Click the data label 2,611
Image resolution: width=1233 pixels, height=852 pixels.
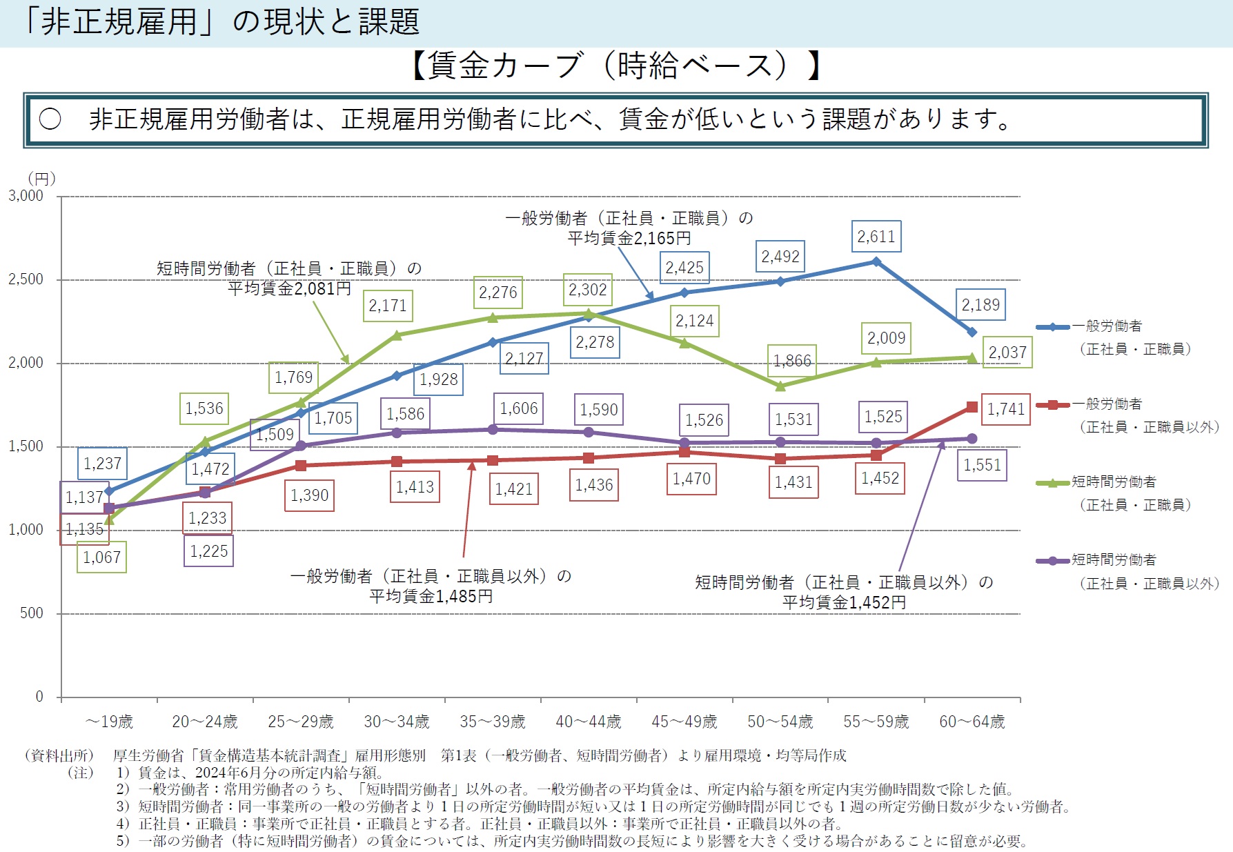coord(876,237)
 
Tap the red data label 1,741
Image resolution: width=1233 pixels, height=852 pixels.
coord(1006,409)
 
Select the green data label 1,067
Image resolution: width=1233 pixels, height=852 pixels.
coord(101,557)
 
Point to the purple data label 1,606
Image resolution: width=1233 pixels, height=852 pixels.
coord(519,408)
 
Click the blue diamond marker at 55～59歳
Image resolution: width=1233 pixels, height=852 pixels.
coord(876,261)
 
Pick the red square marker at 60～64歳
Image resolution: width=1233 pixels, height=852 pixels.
coord(972,407)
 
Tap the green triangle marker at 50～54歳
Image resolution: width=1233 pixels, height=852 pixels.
coord(780,386)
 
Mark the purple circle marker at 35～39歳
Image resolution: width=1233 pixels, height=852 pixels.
coord(493,430)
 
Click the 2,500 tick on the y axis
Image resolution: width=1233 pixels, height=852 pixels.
coord(26,279)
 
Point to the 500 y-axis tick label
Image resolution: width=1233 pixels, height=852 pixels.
coord(31,613)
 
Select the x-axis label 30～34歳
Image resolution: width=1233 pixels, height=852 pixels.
coord(397,722)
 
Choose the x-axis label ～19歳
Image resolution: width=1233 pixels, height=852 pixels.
coord(109,722)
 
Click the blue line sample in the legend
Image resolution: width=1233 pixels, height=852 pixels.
coord(1053,327)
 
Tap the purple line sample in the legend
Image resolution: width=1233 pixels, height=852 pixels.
coord(1053,561)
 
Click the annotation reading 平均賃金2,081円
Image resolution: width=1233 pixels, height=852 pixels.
coord(289,288)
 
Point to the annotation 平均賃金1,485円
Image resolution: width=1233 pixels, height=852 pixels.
coord(431,596)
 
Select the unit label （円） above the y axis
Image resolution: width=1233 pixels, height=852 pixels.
coord(41,179)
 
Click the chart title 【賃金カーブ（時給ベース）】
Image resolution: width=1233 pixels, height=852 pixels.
coord(616,66)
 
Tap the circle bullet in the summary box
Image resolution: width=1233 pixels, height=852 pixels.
coord(50,119)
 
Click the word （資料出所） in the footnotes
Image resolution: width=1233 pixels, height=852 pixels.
coord(59,755)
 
